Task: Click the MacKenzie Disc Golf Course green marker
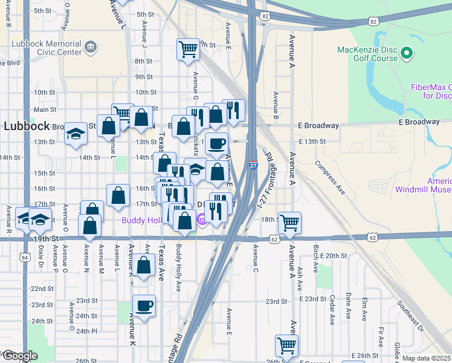click(x=407, y=54)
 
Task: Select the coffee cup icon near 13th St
click(x=216, y=143)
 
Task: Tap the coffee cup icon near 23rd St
click(x=144, y=306)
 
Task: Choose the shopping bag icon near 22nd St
click(x=144, y=266)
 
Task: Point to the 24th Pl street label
click(x=86, y=331)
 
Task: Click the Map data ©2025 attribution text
click(x=427, y=358)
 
